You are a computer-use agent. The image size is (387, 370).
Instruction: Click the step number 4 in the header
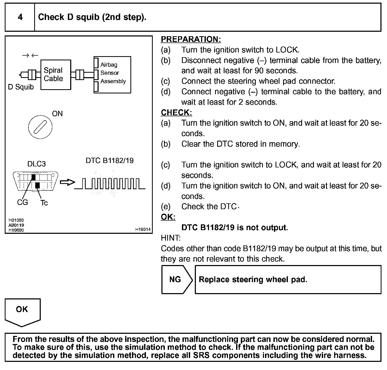click(20, 17)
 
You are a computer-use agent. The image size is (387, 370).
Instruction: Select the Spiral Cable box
click(55, 75)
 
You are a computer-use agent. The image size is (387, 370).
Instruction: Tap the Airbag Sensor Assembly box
click(113, 75)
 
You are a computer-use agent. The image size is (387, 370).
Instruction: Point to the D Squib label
click(21, 87)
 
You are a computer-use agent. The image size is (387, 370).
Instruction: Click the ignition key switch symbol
click(40, 127)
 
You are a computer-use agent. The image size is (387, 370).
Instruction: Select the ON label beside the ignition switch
click(57, 114)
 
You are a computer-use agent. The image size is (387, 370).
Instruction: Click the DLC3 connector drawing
click(35, 181)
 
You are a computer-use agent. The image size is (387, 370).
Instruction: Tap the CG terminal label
click(22, 202)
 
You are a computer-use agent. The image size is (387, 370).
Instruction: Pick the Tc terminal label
click(44, 203)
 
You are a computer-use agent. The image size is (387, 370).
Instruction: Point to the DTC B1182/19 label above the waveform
click(110, 161)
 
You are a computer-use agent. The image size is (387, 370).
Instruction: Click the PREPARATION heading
click(191, 39)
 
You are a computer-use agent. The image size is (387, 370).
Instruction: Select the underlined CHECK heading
click(176, 113)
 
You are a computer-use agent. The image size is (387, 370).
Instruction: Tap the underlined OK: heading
click(168, 217)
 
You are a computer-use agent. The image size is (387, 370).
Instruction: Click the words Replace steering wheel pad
click(253, 279)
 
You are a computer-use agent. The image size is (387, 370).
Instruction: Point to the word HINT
click(171, 238)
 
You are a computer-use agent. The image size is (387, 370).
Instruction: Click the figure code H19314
click(143, 229)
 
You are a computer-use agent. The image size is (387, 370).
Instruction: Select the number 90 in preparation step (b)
click(259, 71)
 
